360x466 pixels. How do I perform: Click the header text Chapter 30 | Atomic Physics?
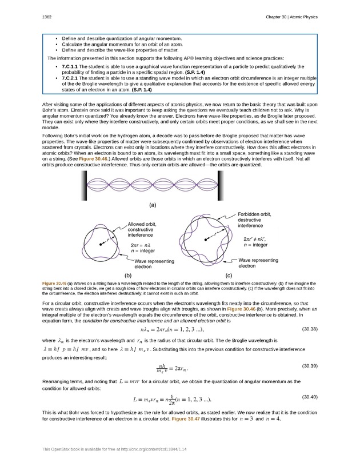point(291,17)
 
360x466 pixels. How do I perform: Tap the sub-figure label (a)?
point(153,204)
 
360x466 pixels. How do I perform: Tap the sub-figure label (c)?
point(228,276)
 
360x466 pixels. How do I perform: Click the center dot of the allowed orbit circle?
point(101,244)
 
